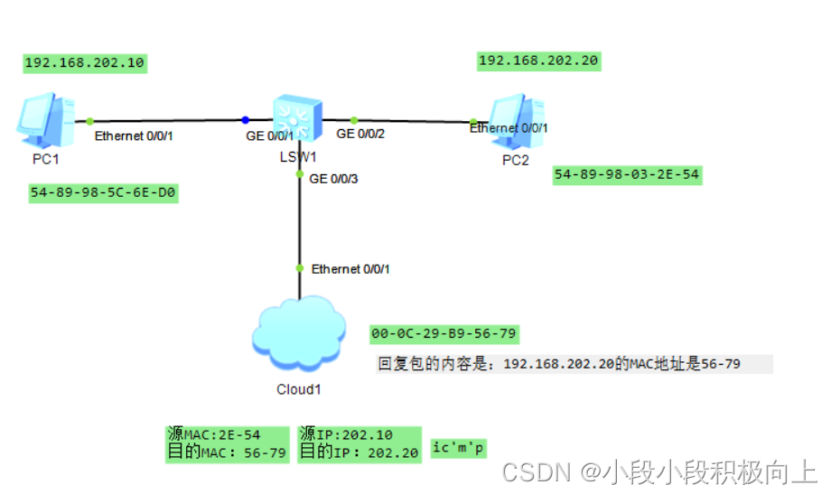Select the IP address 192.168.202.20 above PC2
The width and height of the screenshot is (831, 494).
pos(538,61)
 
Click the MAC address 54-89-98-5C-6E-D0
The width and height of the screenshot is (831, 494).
pos(103,193)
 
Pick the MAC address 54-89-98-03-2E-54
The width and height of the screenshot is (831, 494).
pos(627,174)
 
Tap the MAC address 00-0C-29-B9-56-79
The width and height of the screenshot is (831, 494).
pos(444,333)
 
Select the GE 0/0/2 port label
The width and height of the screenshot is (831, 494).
pos(360,134)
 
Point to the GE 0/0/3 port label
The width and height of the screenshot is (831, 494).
pos(333,179)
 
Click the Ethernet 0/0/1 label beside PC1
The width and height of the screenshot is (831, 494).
pos(134,136)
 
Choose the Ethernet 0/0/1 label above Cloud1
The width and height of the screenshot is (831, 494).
pos(350,269)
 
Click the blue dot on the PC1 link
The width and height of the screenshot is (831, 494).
pos(245,119)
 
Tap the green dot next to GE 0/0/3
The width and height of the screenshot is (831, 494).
pos(300,174)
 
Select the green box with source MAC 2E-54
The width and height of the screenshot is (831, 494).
pos(228,444)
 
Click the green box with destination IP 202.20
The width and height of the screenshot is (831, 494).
pos(359,444)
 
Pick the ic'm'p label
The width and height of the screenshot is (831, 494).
pos(459,448)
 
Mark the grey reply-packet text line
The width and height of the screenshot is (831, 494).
pos(573,364)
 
